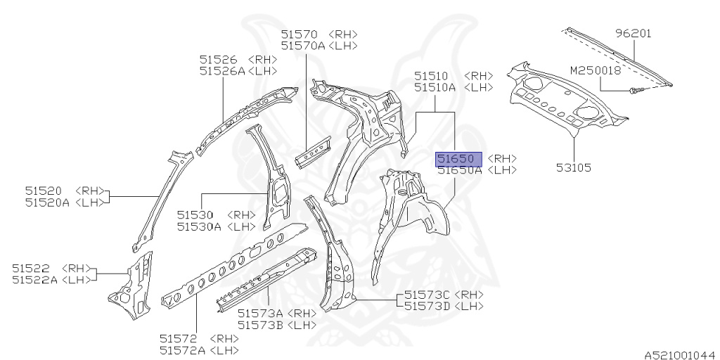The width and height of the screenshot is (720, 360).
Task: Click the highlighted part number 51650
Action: (x=458, y=158)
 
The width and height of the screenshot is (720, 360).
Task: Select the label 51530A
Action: (x=199, y=226)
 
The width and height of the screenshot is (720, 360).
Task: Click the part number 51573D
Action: (x=427, y=307)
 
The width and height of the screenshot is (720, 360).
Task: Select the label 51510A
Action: (x=435, y=87)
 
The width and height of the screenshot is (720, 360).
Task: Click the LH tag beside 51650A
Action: (x=502, y=170)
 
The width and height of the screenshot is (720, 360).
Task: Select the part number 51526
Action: (x=217, y=59)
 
